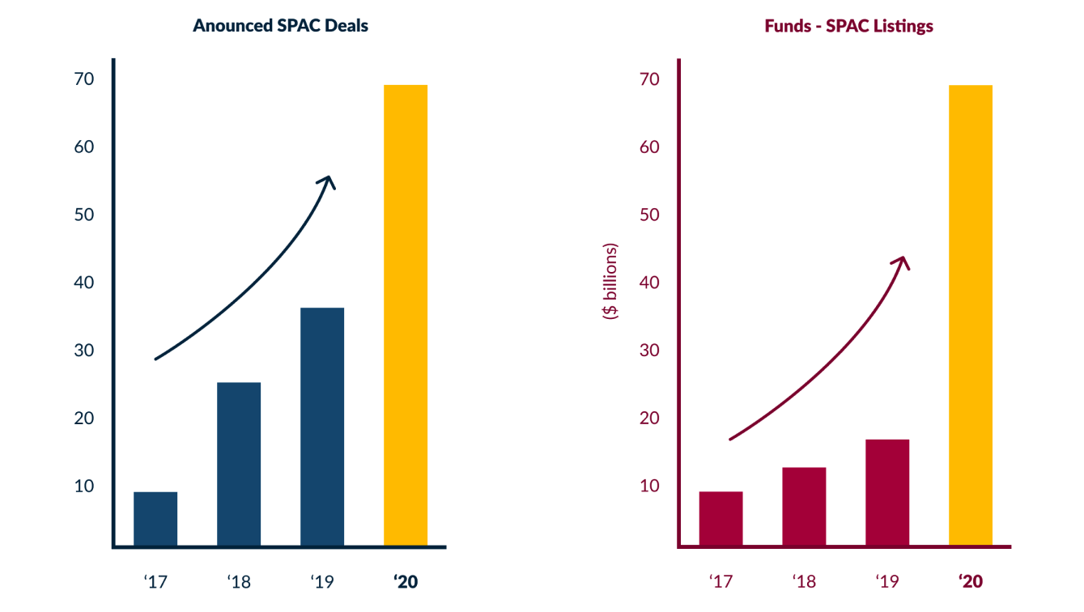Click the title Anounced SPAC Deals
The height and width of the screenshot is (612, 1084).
280,26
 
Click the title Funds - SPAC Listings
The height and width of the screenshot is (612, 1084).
848,26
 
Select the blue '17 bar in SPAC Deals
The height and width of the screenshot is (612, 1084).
155,519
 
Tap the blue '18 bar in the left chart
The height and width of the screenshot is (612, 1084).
239,464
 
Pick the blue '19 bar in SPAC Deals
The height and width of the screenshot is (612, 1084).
322,427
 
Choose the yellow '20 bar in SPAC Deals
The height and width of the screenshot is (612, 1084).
406,316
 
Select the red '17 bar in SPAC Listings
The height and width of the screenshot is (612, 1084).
721,519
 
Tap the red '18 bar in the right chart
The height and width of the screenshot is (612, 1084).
804,507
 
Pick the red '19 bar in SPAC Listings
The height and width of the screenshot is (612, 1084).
887,493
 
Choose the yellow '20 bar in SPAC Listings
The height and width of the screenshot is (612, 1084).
970,316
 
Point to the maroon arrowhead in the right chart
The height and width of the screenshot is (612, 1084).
903,263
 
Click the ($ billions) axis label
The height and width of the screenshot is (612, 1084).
610,281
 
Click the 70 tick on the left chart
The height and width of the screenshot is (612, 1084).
83,79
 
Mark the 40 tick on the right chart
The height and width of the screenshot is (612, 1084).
649,283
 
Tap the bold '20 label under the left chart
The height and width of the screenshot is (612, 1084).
405,581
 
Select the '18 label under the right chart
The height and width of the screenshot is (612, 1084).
804,581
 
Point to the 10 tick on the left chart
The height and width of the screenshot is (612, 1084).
83,486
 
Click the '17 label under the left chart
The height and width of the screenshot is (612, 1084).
155,581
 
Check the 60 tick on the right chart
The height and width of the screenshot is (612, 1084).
649,147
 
